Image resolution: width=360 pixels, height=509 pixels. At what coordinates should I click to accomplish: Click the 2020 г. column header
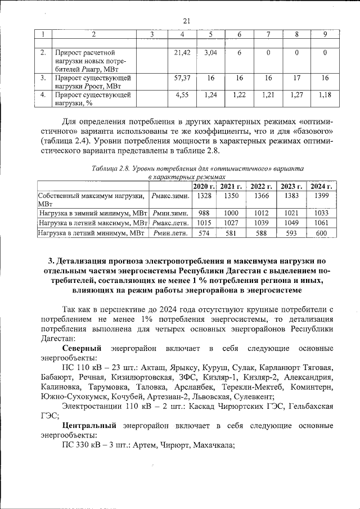(204, 186)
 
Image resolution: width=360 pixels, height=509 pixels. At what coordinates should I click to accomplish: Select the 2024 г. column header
(321, 186)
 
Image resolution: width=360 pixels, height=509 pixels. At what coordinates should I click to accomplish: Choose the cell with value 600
(321, 233)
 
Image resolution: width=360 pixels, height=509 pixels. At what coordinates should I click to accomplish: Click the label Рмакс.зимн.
(170, 195)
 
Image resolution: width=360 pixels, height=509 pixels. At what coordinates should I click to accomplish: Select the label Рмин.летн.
(170, 233)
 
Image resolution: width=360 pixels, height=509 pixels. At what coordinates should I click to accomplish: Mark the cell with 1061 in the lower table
(321, 223)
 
